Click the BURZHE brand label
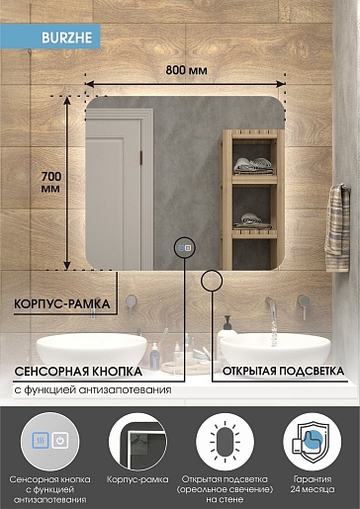coord(66,38)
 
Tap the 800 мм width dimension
coord(186,70)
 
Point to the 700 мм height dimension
coord(51,182)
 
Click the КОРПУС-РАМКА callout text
coord(62,303)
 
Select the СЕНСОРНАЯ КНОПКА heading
coord(78,372)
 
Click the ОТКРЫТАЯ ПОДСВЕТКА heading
coord(283,371)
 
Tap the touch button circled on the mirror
coord(185,248)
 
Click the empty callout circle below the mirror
coord(212,281)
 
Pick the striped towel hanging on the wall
coord(337,227)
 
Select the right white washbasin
coord(275,351)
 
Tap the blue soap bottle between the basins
coord(154,357)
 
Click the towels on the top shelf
coord(253,166)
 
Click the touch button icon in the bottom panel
coord(50,441)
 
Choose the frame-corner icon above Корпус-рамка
coord(137,442)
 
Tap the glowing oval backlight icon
coord(225,442)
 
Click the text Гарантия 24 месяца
coord(313,484)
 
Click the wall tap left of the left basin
coord(131,304)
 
